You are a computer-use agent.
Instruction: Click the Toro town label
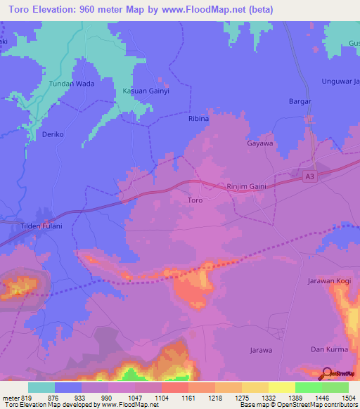coord(195,201)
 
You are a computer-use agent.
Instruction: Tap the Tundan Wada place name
coord(71,84)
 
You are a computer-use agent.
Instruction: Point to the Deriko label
coord(53,134)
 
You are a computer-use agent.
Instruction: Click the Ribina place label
coord(198,119)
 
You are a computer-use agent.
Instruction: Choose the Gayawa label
coord(259,143)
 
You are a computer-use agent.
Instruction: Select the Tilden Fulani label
coord(41,226)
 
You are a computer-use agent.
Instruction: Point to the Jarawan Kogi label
coord(328,281)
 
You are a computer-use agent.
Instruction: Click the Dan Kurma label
coord(327,349)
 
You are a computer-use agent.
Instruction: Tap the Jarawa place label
coord(261,349)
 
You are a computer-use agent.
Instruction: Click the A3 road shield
coord(309,177)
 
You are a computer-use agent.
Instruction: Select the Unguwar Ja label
coord(340,81)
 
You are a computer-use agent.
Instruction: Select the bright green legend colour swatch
coord(308,387)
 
